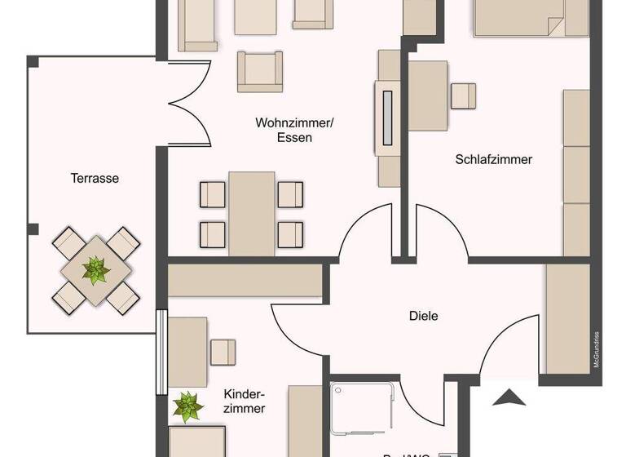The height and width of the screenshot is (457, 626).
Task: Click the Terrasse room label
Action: tap(95, 178)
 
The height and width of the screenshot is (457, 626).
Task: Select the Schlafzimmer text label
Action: tap(493, 159)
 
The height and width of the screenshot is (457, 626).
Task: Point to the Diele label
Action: tap(424, 315)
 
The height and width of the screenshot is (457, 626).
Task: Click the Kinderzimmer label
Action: tap(245, 401)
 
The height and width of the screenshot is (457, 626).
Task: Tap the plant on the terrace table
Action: tap(96, 270)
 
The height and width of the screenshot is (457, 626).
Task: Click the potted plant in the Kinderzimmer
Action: tap(188, 406)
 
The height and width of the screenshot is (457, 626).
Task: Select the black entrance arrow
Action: tap(509, 398)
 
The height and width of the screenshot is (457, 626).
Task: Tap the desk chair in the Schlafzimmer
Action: tap(464, 95)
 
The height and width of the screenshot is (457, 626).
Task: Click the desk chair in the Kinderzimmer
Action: tap(223, 352)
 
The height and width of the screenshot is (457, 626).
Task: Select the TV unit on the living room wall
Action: tap(387, 118)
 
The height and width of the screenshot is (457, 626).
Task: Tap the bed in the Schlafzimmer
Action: tap(530, 18)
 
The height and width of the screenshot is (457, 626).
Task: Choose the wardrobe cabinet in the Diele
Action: tap(567, 318)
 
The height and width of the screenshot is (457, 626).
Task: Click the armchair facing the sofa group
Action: tap(260, 71)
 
